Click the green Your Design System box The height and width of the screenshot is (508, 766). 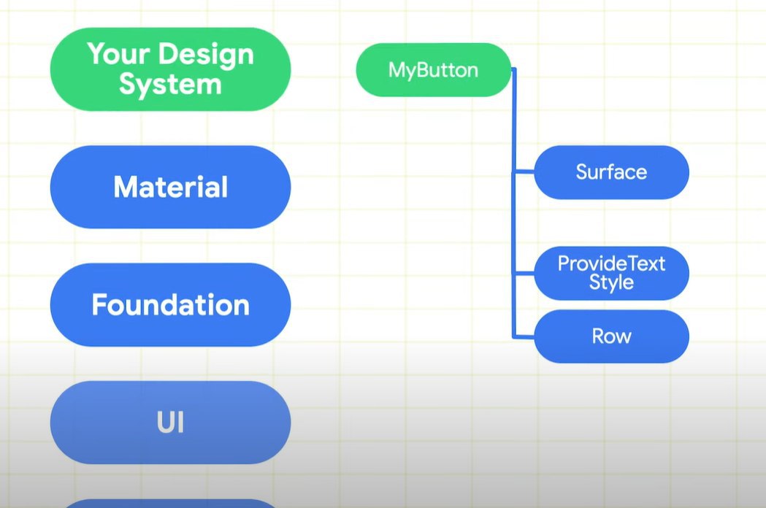coord(170,69)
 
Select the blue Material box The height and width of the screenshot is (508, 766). coord(170,187)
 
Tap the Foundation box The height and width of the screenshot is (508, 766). coord(170,304)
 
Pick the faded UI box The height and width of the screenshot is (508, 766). coord(170,422)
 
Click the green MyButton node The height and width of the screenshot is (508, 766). coord(434,70)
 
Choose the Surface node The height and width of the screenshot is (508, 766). coord(612,172)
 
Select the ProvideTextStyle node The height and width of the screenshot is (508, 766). coord(612,273)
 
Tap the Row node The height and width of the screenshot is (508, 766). coord(612,336)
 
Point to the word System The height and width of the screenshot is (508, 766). coord(170,85)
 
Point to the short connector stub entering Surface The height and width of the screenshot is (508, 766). coord(524,172)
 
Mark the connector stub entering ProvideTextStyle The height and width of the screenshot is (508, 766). coord(524,272)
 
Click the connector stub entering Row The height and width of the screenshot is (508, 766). coord(524,336)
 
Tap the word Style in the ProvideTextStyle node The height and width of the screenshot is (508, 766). coord(612,282)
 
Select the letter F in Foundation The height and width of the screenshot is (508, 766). coord(99,304)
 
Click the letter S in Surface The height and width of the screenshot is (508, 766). coord(582,172)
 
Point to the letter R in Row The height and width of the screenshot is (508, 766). coord(599,336)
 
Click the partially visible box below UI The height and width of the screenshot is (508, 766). coord(170,504)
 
